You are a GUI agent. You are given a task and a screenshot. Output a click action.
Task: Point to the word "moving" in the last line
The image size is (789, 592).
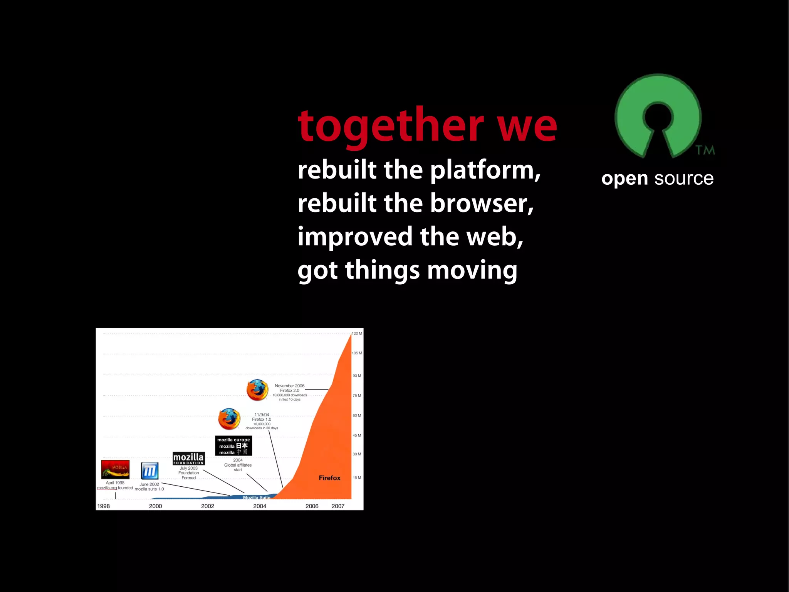click(472, 270)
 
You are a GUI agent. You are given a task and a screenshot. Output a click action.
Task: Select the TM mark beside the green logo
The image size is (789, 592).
click(705, 150)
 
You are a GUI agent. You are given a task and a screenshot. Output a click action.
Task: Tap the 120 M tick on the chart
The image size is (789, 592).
click(357, 333)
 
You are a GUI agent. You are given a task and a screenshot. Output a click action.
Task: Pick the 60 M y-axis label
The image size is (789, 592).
click(357, 415)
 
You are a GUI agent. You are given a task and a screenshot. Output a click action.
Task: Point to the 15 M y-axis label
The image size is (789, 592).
click(357, 477)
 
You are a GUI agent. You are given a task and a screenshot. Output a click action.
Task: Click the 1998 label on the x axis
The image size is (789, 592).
click(103, 506)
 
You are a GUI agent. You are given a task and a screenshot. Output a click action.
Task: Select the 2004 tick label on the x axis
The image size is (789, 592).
click(260, 506)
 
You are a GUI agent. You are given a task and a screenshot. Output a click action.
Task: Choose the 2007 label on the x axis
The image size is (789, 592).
click(338, 506)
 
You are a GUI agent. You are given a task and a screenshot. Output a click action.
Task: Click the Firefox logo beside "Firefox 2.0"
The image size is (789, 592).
click(257, 390)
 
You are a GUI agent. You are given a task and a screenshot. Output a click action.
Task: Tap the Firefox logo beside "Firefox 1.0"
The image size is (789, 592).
click(229, 419)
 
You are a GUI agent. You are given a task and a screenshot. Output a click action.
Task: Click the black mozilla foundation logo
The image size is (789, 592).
click(188, 459)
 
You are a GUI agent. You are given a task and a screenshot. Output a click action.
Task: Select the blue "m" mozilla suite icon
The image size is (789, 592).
click(149, 471)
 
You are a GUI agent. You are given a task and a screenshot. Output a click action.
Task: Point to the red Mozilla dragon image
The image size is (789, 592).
click(115, 469)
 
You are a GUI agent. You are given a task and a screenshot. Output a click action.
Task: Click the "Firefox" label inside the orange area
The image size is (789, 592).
click(329, 478)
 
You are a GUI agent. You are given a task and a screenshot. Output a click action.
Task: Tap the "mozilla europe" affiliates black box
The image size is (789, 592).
click(233, 446)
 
